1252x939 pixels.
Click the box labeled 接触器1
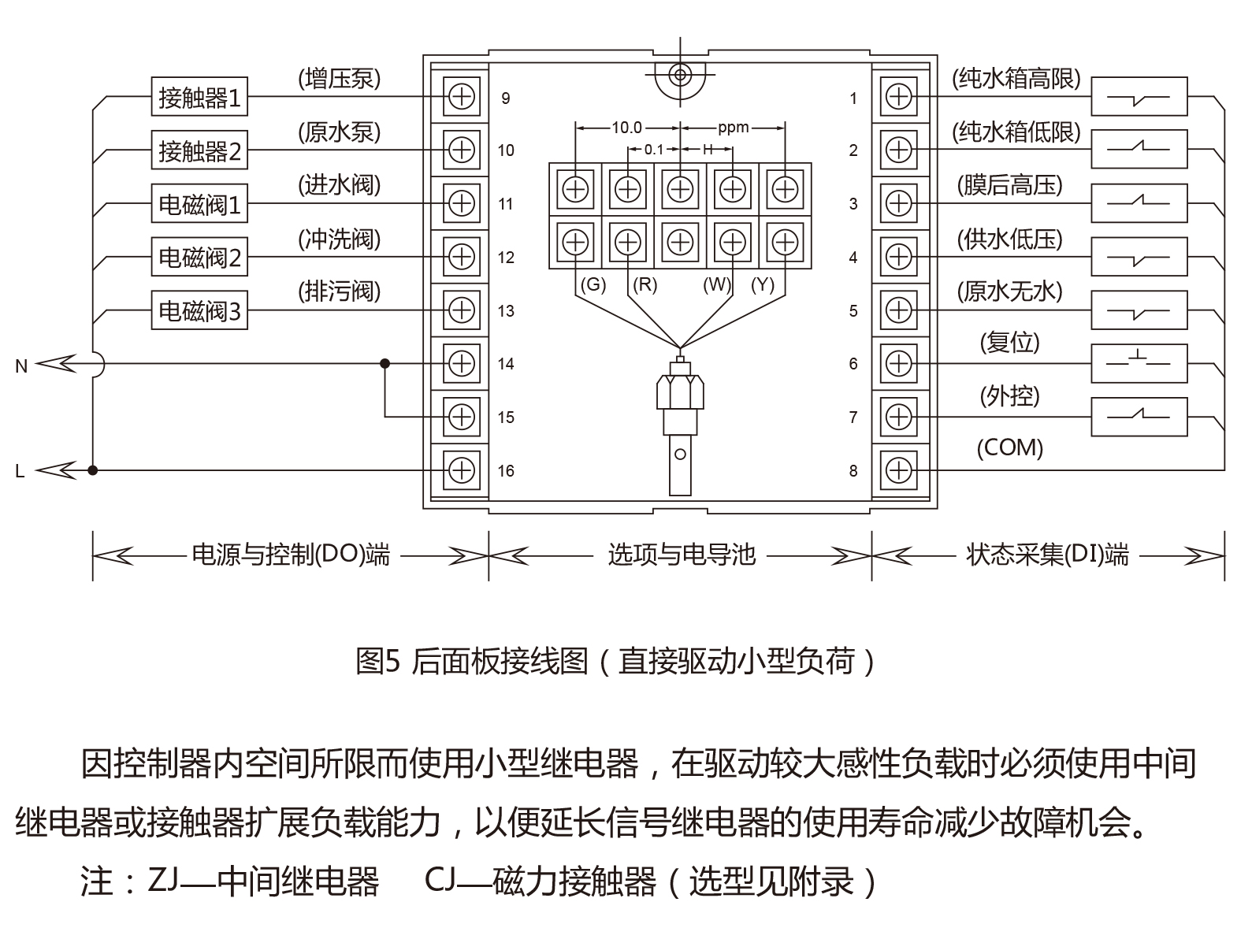(199, 98)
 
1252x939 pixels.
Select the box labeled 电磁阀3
(199, 311)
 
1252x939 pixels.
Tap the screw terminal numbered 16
(461, 470)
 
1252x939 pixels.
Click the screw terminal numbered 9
(461, 98)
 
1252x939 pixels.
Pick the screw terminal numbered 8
(898, 470)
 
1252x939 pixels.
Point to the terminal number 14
(506, 364)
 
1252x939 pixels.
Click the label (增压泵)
(339, 79)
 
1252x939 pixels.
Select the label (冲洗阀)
(339, 239)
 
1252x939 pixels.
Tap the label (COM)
(1009, 448)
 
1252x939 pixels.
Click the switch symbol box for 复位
(1139, 363)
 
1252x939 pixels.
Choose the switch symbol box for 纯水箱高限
(1139, 98)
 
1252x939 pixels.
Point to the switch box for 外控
(1139, 417)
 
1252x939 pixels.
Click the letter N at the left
(21, 366)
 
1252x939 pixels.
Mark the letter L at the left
(20, 472)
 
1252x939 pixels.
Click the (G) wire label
(593, 284)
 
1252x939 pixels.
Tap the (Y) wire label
(762, 284)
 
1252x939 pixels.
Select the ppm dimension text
(733, 127)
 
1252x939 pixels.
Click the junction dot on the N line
(385, 363)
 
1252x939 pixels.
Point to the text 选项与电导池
(681, 555)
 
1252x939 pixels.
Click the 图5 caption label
(379, 661)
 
